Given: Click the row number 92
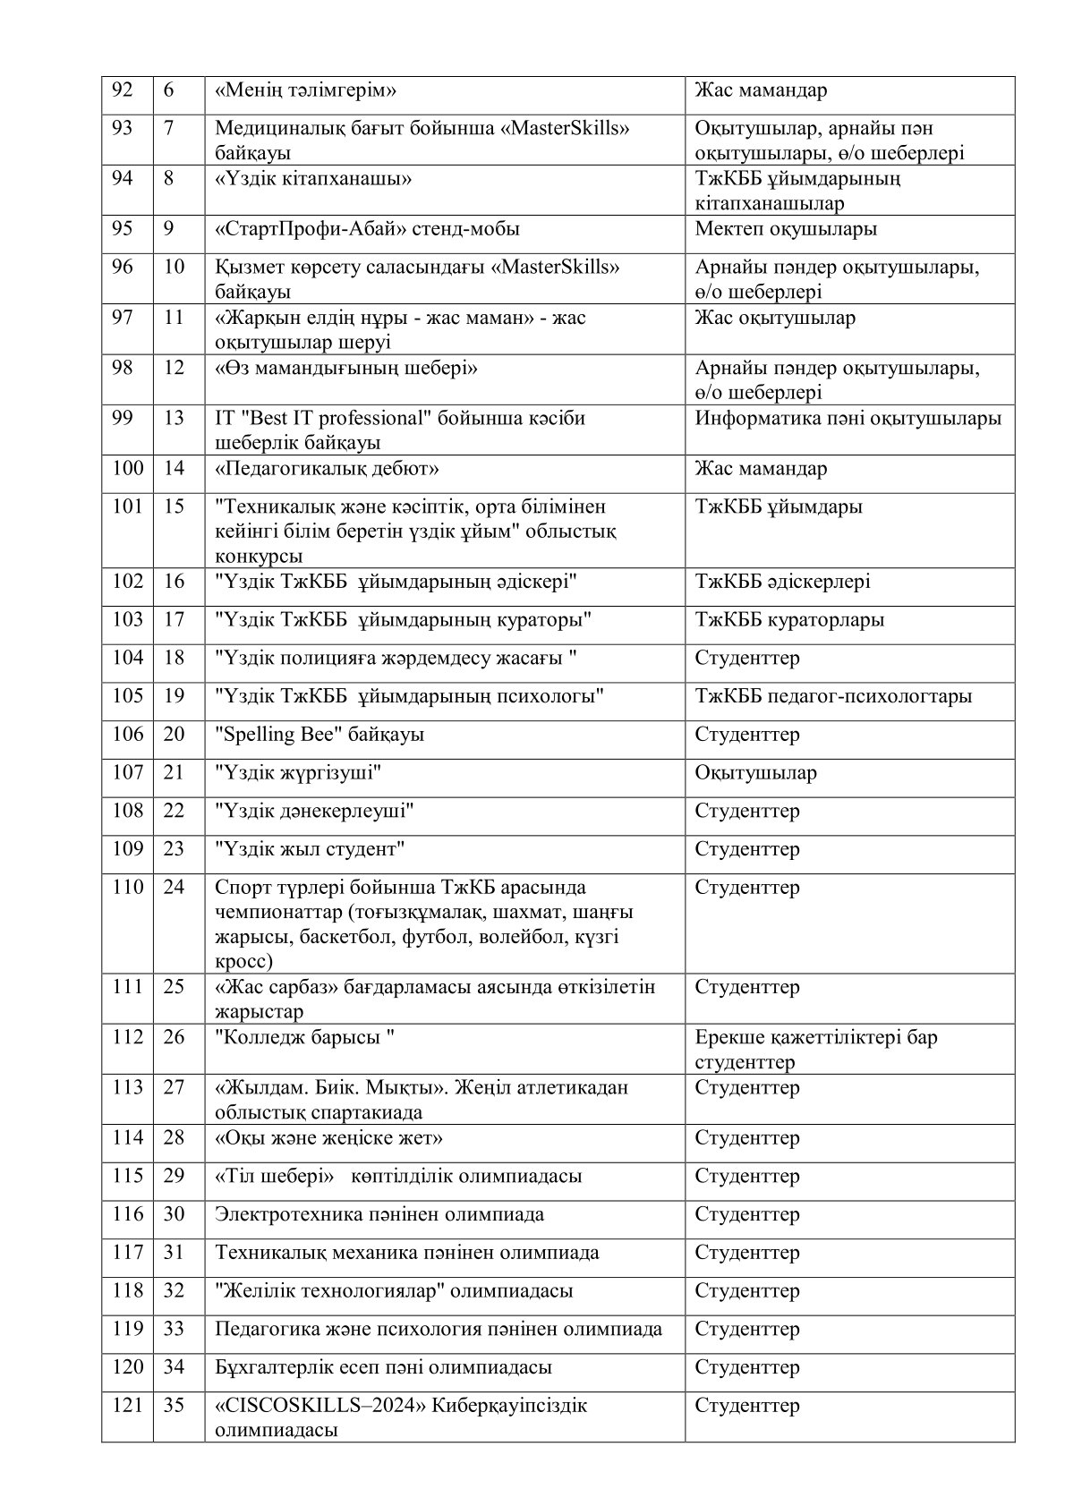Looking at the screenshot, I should (x=122, y=90).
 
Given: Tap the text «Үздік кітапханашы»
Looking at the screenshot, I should (x=314, y=178).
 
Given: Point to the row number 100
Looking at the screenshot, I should (x=127, y=469).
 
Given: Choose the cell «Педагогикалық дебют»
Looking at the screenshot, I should (x=327, y=469).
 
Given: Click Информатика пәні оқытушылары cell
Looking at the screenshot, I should (x=848, y=418).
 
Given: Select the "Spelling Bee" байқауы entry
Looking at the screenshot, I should (x=319, y=735).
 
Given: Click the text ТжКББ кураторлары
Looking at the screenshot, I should (x=789, y=620).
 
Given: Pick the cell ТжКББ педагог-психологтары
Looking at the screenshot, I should (x=833, y=696).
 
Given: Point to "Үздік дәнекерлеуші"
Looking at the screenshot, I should (x=314, y=812).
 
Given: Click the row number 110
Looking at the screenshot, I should (x=127, y=887).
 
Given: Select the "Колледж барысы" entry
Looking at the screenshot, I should (x=305, y=1037).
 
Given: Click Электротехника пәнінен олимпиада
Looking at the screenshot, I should (x=379, y=1214).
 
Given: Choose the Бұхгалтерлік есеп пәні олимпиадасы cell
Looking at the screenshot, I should (x=383, y=1367).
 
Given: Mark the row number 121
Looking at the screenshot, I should (x=127, y=1406).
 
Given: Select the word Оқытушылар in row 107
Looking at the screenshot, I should (x=755, y=773).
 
